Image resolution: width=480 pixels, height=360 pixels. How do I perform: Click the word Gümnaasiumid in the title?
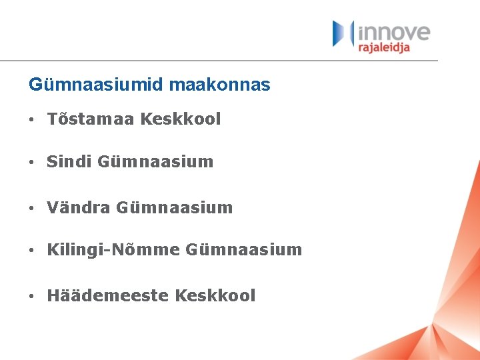pyautogui.click(x=97, y=85)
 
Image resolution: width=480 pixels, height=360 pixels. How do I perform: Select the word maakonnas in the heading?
pyautogui.click(x=220, y=85)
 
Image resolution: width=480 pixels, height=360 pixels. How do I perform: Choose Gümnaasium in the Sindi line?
pyautogui.click(x=155, y=161)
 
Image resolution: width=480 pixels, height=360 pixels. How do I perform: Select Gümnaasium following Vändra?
pyautogui.click(x=175, y=207)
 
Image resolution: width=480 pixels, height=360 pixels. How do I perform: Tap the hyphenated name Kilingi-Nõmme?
pyautogui.click(x=113, y=250)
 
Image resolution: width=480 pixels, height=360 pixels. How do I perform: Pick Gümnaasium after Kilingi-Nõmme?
pyautogui.click(x=244, y=250)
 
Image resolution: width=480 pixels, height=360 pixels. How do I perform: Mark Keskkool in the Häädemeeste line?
pyautogui.click(x=215, y=295)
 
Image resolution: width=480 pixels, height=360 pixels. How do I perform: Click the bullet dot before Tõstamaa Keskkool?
pyautogui.click(x=31, y=120)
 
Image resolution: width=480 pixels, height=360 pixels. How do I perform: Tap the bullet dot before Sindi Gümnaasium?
pyautogui.click(x=31, y=162)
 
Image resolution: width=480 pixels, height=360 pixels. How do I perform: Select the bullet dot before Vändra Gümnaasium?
pyautogui.click(x=31, y=208)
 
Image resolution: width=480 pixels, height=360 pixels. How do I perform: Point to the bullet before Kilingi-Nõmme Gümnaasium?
pyautogui.click(x=31, y=251)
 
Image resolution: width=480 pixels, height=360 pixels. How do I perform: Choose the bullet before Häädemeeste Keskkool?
pyautogui.click(x=31, y=296)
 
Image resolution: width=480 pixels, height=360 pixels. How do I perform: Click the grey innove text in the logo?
pyautogui.click(x=394, y=32)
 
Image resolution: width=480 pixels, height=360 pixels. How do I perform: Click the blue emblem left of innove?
pyautogui.click(x=343, y=33)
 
